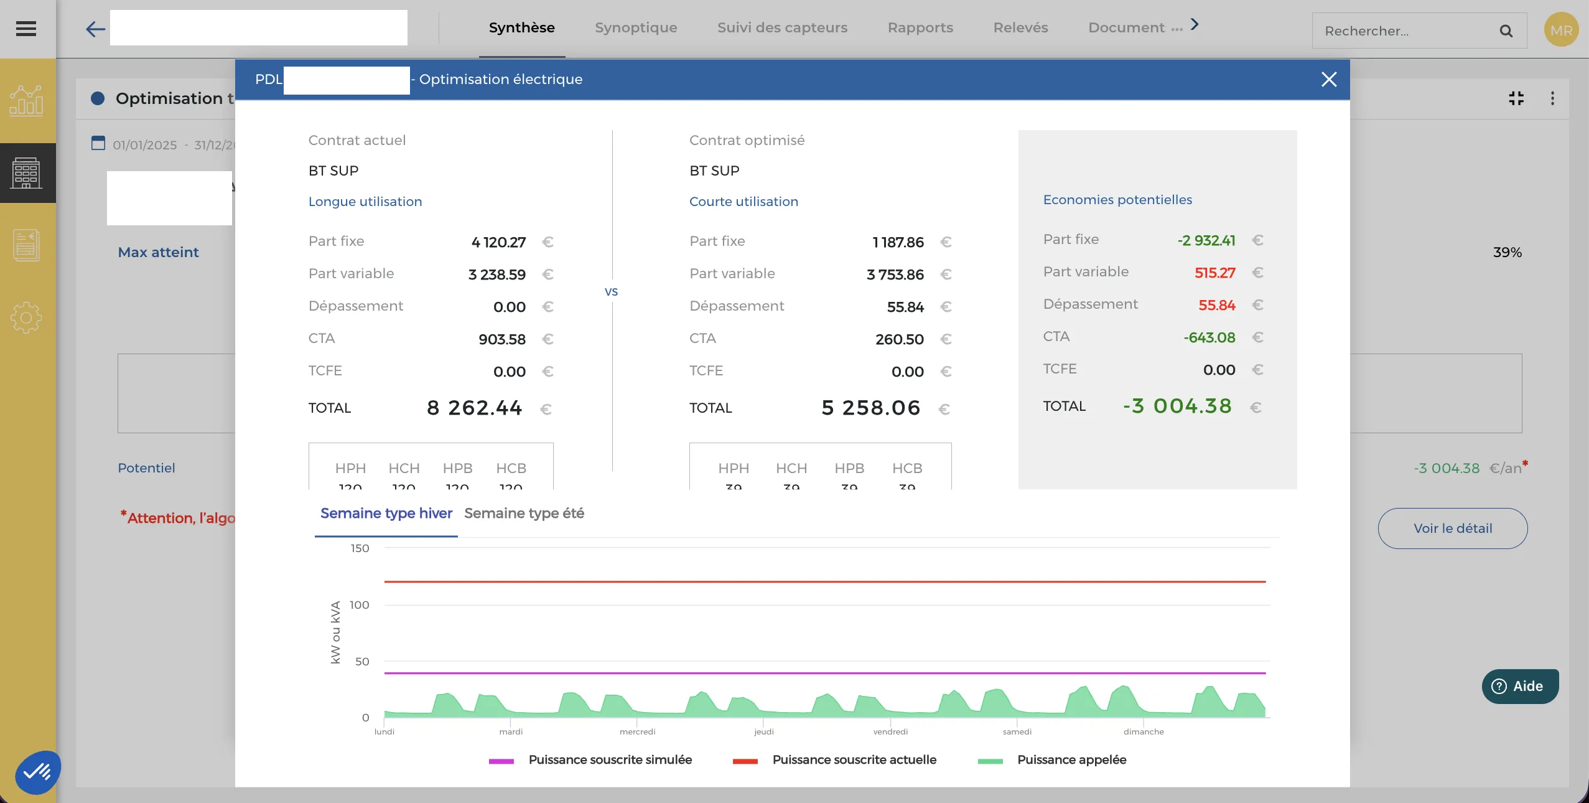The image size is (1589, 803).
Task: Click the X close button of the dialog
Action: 1329,79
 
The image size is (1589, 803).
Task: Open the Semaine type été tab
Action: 524,514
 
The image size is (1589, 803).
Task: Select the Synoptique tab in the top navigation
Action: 636,28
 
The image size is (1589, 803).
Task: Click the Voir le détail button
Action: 1452,528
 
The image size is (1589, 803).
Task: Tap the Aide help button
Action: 1520,686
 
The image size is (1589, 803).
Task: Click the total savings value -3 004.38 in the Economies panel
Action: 1177,406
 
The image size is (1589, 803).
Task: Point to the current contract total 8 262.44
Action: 474,408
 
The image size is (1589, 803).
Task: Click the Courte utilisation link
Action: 743,202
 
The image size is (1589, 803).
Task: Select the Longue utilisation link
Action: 365,202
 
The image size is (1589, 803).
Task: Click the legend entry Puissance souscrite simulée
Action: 610,760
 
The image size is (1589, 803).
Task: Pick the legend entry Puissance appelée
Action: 1071,760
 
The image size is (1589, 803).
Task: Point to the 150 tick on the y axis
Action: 360,548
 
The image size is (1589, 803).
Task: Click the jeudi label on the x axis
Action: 764,732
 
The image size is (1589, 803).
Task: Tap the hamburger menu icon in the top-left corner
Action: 26,29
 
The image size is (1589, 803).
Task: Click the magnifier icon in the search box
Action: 1506,31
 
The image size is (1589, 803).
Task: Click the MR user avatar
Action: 1561,31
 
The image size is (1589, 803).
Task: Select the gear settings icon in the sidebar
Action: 26,318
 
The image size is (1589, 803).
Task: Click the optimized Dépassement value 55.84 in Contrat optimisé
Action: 905,307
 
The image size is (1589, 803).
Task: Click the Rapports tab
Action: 920,28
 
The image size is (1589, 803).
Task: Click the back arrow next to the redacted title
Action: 95,29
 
